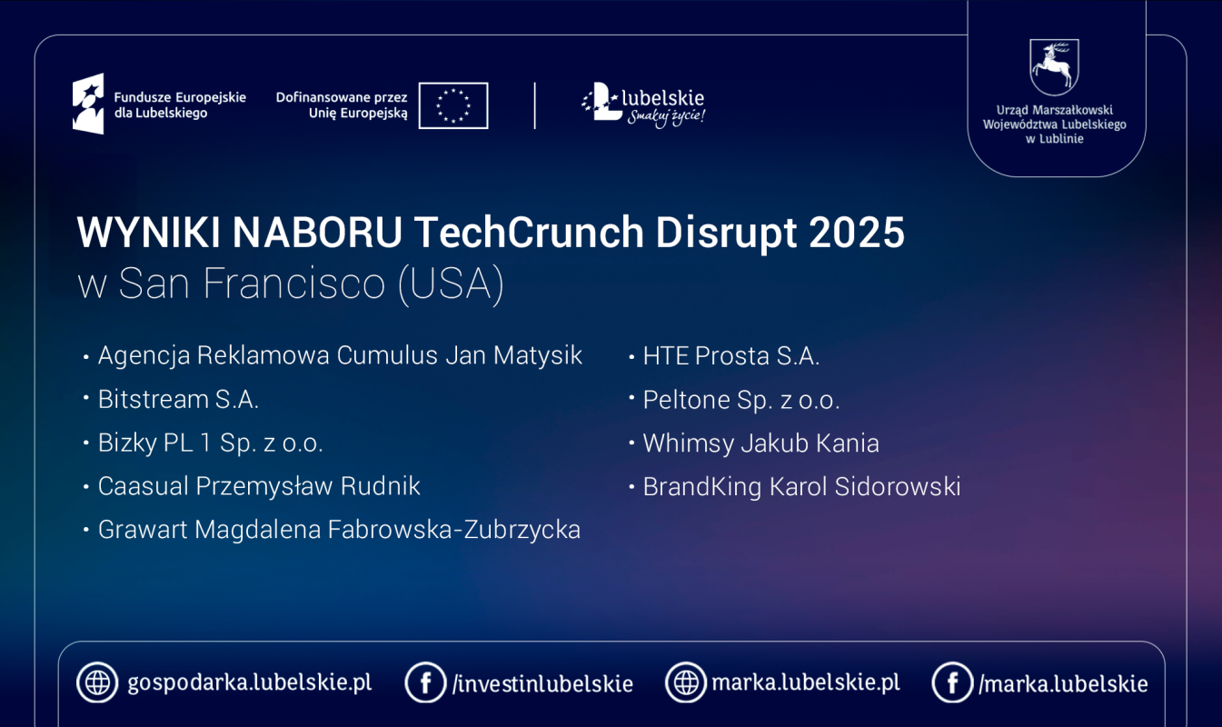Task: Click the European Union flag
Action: [x=453, y=105]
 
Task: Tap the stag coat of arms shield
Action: [x=1054, y=66]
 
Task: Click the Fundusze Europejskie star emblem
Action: [x=88, y=104]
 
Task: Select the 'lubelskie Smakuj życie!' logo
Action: [x=642, y=105]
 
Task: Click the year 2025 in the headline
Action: [x=857, y=233]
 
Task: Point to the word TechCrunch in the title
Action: [x=529, y=233]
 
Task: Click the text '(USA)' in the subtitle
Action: [x=452, y=284]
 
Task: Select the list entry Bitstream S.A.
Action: [x=178, y=400]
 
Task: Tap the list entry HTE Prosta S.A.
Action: [x=731, y=356]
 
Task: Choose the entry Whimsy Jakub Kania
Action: [x=761, y=443]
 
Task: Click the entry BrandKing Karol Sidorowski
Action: [x=801, y=487]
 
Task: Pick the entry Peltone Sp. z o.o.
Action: [x=740, y=400]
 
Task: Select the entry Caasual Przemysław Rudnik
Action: [x=259, y=486]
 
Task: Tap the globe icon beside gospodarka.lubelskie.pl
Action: [x=97, y=682]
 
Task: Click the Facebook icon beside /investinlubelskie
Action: [x=425, y=682]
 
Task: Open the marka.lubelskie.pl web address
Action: [x=806, y=682]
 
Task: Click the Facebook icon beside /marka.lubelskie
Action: [x=952, y=682]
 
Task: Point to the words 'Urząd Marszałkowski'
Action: [x=1055, y=110]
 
